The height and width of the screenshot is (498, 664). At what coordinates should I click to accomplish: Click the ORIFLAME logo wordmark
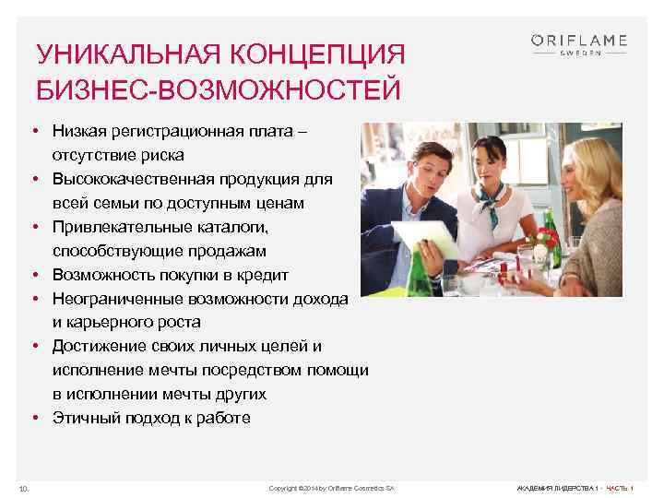[x=579, y=40]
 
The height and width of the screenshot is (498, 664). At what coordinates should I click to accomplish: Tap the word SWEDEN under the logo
[x=579, y=53]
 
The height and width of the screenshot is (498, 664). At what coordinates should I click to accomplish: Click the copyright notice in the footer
[x=330, y=487]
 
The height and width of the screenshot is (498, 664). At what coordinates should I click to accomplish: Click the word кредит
[x=264, y=275]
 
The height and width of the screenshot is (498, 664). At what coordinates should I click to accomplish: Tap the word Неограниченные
[x=118, y=299]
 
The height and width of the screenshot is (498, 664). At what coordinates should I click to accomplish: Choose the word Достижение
[x=96, y=346]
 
